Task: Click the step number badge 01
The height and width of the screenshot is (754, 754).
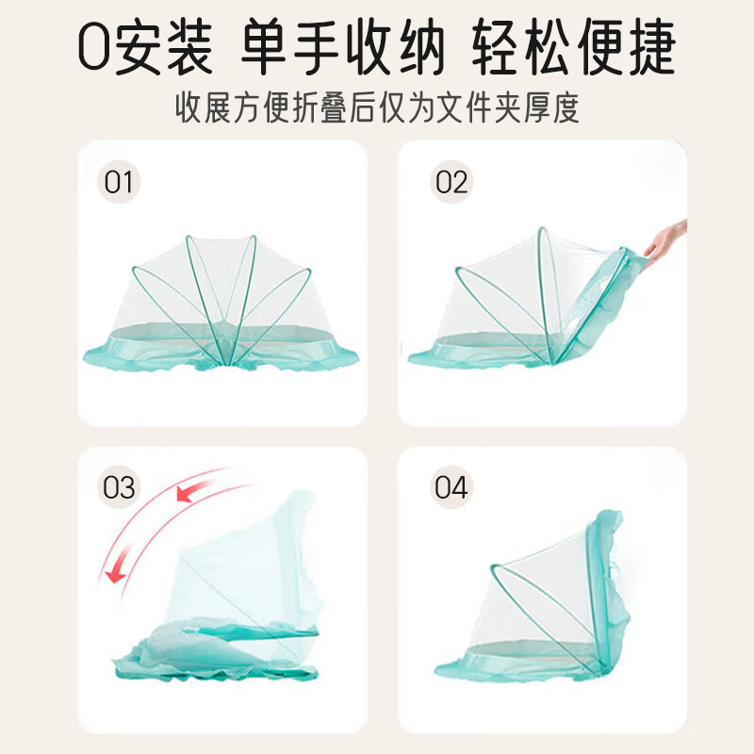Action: (x=120, y=182)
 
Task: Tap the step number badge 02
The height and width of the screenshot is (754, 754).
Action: (x=451, y=182)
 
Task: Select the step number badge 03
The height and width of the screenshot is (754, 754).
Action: (x=120, y=488)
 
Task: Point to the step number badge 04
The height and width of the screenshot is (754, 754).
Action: (x=451, y=488)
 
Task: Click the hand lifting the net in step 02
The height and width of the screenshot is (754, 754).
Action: (x=666, y=238)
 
